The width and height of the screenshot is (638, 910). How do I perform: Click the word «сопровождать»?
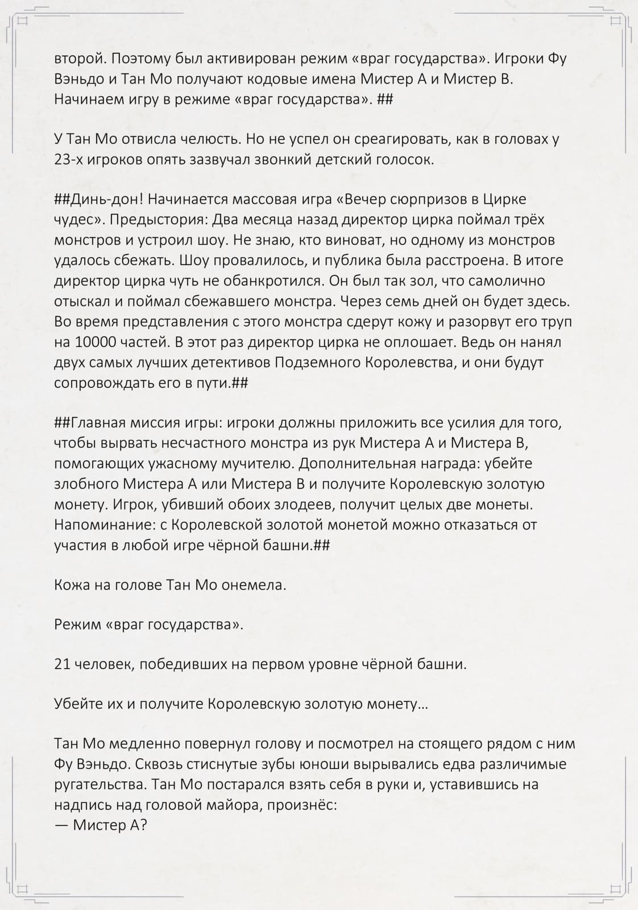[111, 383]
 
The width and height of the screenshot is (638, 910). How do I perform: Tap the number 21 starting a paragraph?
[62, 664]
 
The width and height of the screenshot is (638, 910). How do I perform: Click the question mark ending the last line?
[143, 825]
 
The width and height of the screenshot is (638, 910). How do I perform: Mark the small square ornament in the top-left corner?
[22, 22]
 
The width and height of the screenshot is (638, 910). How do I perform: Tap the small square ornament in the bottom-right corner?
[615, 888]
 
